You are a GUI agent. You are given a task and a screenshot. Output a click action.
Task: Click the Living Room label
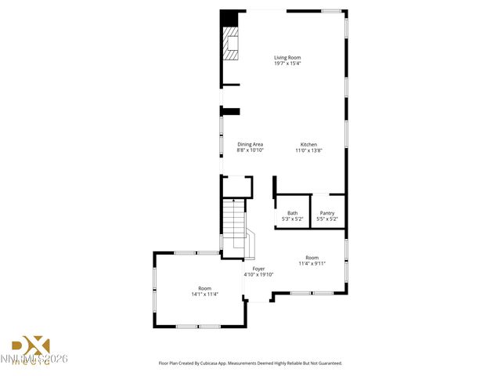[x=287, y=57]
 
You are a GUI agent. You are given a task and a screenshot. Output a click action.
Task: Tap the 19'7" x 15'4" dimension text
[x=287, y=63]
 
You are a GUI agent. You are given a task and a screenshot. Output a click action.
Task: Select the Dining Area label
[x=250, y=144]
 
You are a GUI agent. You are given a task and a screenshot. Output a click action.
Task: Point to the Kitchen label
[x=309, y=144]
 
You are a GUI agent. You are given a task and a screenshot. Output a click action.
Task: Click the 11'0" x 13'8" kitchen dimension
[x=309, y=150]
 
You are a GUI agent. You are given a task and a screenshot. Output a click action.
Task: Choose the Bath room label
[x=292, y=213]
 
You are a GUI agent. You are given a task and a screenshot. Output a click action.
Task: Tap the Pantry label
[x=327, y=213]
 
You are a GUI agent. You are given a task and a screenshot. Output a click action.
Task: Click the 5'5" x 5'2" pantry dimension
[x=327, y=219]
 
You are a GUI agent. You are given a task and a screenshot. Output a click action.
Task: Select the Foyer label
[x=258, y=269]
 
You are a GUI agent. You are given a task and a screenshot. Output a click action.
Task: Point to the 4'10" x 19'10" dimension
[x=258, y=275]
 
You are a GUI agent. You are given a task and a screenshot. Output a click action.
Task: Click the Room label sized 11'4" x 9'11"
[x=312, y=258]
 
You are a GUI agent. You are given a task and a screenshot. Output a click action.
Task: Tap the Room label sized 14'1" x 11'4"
[x=205, y=288]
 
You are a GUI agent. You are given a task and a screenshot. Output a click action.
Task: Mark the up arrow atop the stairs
[x=233, y=201]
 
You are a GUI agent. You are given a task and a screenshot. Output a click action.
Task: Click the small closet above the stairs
[x=236, y=186]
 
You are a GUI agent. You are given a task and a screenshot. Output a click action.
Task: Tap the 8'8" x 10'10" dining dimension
[x=250, y=150]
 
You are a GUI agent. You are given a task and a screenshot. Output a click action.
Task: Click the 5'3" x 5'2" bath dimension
[x=292, y=219]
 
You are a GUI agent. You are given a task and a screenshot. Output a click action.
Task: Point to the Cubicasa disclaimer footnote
[x=250, y=363]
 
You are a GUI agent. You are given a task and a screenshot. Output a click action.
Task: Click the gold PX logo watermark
[x=31, y=345]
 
